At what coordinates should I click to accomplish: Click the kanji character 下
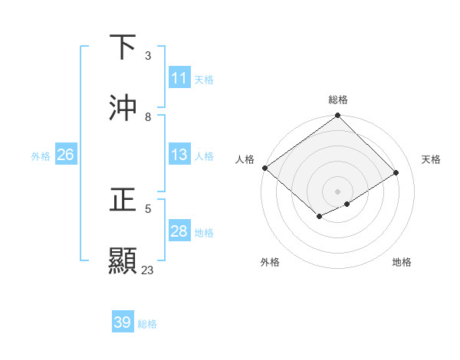(x=123, y=47)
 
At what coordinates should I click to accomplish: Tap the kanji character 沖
(x=123, y=108)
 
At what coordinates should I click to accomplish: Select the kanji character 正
(x=123, y=200)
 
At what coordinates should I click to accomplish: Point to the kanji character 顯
(x=123, y=261)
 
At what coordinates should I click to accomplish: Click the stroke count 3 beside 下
(x=148, y=56)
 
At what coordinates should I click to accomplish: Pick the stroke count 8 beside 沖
(x=148, y=117)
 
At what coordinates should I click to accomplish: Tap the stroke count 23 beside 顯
(x=148, y=270)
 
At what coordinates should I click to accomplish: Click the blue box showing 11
(x=179, y=78)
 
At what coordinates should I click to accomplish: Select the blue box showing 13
(x=179, y=155)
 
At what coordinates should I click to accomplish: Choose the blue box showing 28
(x=179, y=231)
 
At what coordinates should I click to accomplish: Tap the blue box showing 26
(x=65, y=155)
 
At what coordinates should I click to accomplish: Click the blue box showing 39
(x=123, y=322)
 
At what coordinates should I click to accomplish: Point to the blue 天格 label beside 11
(x=204, y=79)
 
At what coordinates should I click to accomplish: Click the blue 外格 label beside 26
(x=41, y=155)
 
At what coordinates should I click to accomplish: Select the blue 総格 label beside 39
(x=147, y=324)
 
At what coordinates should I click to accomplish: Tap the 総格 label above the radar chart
(x=338, y=100)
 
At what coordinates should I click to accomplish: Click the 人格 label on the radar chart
(x=245, y=159)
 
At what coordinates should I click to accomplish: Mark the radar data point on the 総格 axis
(x=338, y=116)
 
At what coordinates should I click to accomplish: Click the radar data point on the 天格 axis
(x=396, y=173)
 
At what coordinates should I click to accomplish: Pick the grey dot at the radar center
(x=338, y=191)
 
